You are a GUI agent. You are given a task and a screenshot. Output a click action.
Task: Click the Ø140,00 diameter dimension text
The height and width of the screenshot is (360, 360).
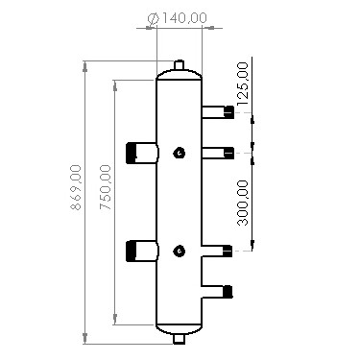[180, 17]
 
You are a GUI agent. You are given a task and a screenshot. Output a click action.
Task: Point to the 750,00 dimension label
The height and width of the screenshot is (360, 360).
[106, 187]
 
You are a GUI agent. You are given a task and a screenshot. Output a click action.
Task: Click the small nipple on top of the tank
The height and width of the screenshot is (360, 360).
[179, 65]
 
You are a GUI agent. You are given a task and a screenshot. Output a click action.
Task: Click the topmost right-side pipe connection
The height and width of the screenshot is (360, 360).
[228, 112]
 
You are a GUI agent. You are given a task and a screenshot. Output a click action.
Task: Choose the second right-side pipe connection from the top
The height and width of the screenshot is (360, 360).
[228, 152]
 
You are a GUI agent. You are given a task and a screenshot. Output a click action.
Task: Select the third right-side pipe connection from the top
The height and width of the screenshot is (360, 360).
[228, 252]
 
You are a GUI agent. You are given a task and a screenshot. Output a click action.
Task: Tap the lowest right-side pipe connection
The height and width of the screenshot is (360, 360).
[228, 291]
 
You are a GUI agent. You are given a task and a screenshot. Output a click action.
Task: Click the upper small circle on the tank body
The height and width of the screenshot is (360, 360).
[179, 152]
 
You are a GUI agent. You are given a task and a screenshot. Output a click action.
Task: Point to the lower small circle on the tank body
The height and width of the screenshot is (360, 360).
[179, 252]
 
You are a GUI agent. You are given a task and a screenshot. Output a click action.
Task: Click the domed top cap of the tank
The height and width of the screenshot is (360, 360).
[179, 74]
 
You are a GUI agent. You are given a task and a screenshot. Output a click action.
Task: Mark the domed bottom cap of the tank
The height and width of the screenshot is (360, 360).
[179, 328]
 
